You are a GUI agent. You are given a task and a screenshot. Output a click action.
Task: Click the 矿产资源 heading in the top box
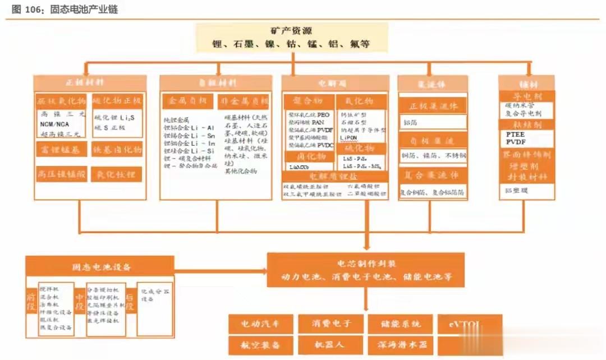click(x=291, y=31)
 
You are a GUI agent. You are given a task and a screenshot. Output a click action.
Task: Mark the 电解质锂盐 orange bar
click(x=334, y=177)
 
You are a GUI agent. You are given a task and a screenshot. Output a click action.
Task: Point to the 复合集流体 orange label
click(x=433, y=176)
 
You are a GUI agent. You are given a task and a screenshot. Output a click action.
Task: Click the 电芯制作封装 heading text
click(x=365, y=264)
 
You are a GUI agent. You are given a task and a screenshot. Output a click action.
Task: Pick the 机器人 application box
click(x=331, y=343)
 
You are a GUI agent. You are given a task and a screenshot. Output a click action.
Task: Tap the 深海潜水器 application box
click(x=401, y=343)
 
